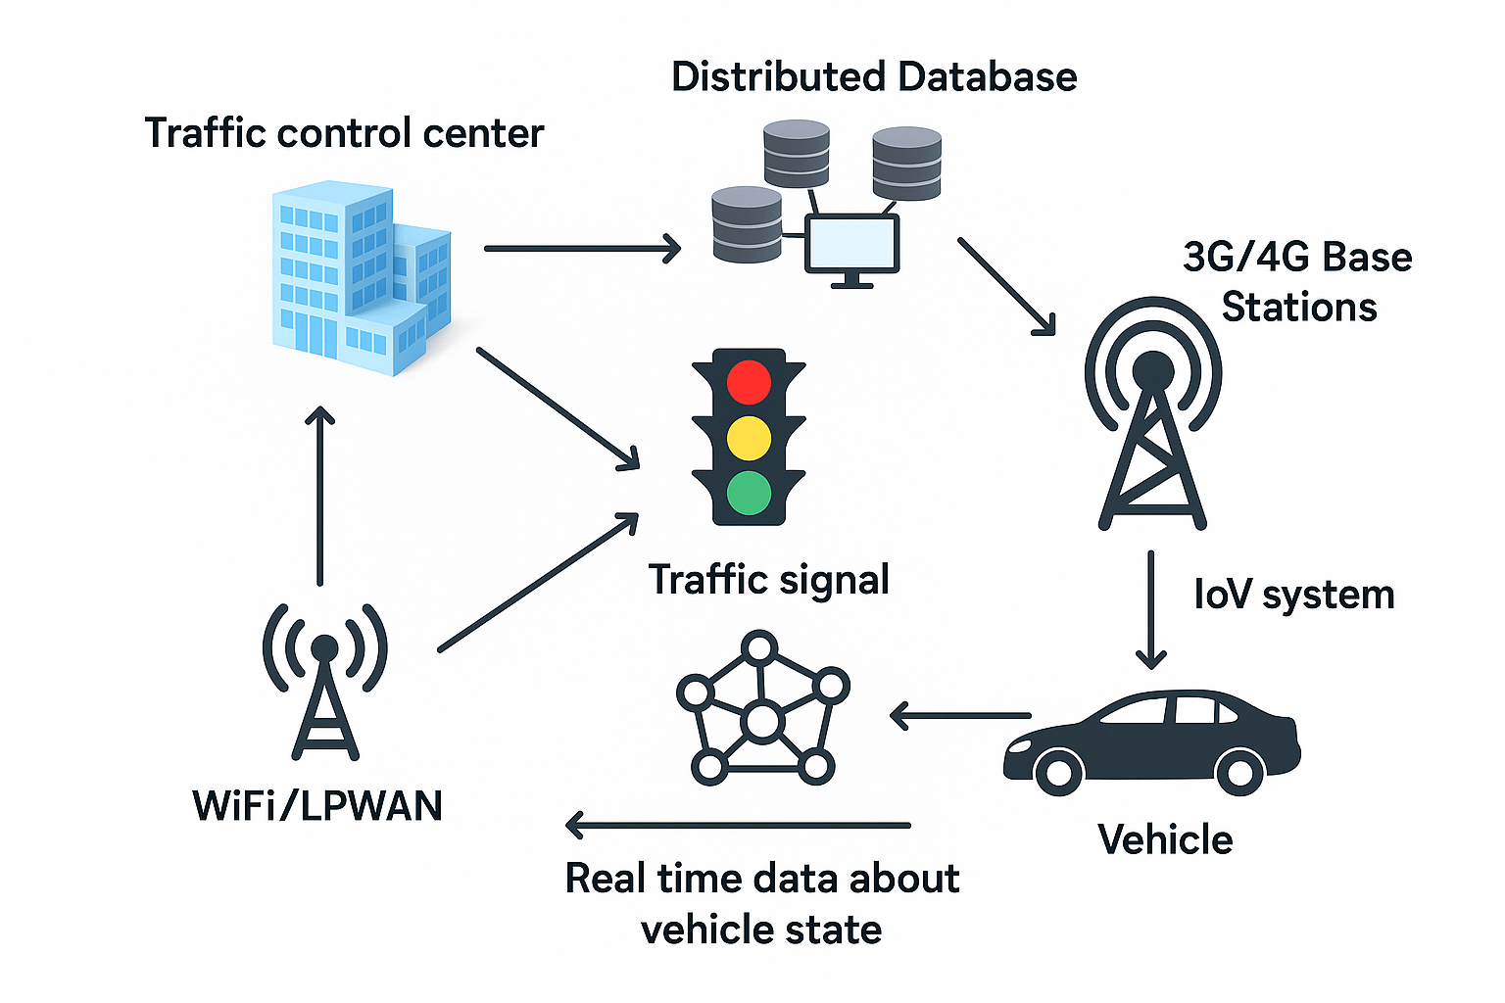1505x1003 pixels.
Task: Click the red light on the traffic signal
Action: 750,382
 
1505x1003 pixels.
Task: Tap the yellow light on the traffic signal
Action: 750,438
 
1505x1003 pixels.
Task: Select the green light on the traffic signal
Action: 750,493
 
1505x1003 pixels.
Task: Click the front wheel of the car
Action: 1058,772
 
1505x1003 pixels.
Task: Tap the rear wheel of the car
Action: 1239,772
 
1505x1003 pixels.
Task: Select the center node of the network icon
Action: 761,722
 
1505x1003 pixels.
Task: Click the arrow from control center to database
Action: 582,249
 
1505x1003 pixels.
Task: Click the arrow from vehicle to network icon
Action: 960,716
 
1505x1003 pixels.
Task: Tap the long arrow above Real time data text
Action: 739,826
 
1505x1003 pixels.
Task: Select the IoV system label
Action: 1293,595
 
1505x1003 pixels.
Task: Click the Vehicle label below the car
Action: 1164,839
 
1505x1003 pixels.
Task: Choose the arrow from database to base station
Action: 1006,286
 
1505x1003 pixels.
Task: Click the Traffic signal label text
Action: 768,580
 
